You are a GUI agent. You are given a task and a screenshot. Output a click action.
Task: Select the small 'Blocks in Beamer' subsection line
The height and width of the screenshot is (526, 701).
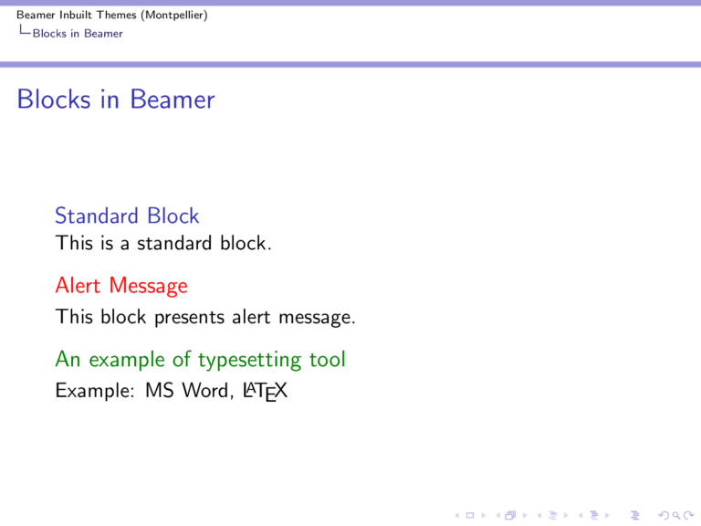coord(77,34)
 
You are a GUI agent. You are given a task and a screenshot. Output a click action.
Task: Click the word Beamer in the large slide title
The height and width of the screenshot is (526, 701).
coord(172,99)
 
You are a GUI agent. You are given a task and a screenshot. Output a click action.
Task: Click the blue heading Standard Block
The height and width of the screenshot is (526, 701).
coord(127,216)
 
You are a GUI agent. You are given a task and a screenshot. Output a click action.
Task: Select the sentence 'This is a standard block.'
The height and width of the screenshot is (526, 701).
coord(162,244)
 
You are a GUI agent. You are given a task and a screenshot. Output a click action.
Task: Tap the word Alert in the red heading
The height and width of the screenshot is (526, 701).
coord(78,286)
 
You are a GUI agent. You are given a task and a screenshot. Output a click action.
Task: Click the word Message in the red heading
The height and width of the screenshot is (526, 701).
coord(148,286)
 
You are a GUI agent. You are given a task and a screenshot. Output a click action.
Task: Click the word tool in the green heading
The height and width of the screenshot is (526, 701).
coord(327,360)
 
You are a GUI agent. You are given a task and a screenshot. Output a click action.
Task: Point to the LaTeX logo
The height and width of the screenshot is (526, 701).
coord(266,392)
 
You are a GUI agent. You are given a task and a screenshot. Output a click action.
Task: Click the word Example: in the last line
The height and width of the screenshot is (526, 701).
coord(86,391)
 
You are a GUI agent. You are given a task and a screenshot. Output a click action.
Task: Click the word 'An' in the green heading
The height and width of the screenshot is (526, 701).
coord(67,360)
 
